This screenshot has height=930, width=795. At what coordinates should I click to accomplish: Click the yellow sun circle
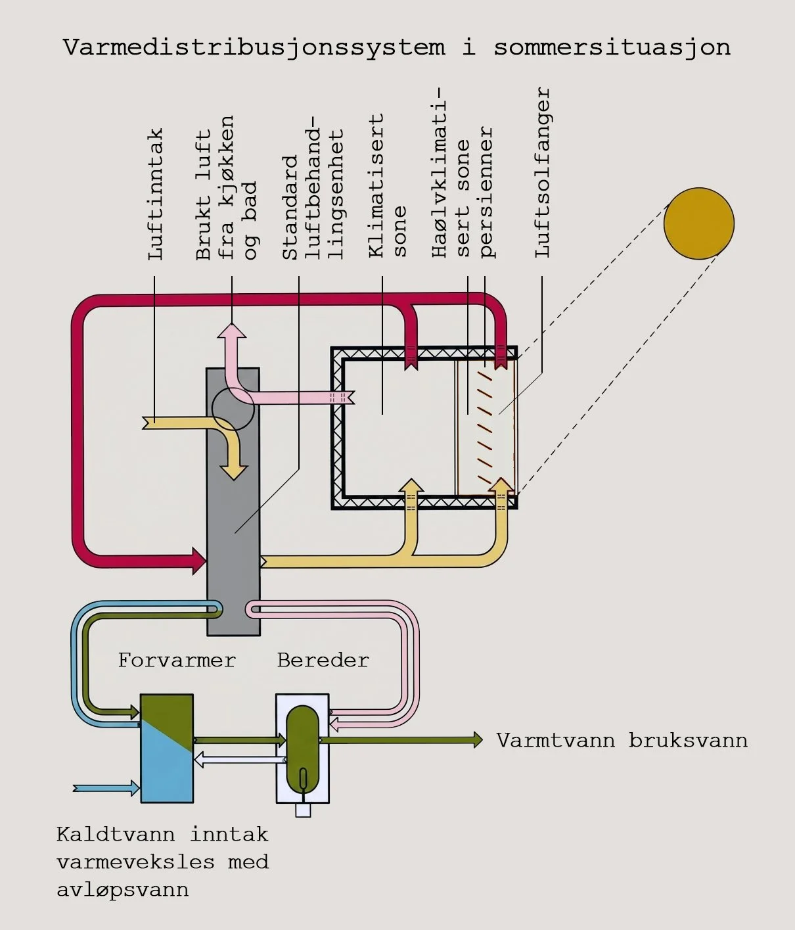(x=698, y=223)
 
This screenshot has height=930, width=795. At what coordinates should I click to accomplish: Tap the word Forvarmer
(x=177, y=661)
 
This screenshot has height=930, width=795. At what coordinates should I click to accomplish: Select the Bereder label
(x=323, y=661)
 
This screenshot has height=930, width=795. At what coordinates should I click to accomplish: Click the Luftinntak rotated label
(x=155, y=194)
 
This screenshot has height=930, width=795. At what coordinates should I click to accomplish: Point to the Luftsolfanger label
(x=543, y=172)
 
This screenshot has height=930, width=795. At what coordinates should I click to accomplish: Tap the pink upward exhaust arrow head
(x=232, y=331)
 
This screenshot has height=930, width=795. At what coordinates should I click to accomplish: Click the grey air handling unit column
(x=233, y=501)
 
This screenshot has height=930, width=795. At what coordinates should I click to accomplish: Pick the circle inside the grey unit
(x=233, y=409)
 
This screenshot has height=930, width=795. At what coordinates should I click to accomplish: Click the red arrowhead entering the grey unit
(x=199, y=561)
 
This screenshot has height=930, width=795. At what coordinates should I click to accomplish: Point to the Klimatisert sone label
(x=387, y=185)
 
